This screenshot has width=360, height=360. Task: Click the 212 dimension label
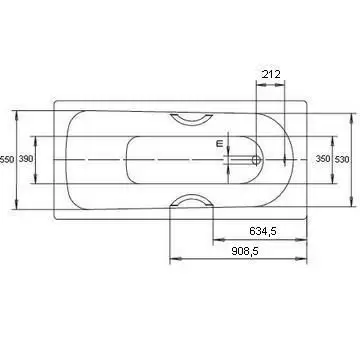tap(271, 74)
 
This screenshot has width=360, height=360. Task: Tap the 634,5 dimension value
tap(263, 231)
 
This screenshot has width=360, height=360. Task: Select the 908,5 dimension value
tap(245, 251)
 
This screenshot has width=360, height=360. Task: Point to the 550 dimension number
tap(7, 160)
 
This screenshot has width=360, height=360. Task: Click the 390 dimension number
tap(26, 159)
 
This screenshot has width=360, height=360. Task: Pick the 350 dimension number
tap(323, 159)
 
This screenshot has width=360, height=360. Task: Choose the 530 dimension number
tap(342, 160)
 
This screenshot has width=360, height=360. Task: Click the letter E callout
tap(219, 144)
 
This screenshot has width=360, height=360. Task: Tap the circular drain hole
tap(256, 160)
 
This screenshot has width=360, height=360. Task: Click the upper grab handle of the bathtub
tap(191, 120)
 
